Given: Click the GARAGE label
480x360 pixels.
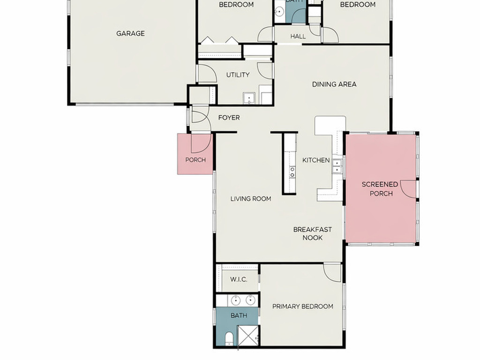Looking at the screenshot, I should pyautogui.click(x=130, y=33).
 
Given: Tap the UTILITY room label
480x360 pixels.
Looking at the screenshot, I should pyautogui.click(x=238, y=75).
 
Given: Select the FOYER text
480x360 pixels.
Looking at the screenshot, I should pyautogui.click(x=229, y=118).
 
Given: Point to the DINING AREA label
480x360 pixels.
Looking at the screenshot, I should pyautogui.click(x=334, y=84).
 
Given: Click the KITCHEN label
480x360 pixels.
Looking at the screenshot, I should pyautogui.click(x=316, y=160).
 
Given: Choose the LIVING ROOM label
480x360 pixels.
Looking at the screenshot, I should pyautogui.click(x=251, y=199).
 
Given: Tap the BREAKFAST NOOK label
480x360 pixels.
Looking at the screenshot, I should pyautogui.click(x=313, y=233).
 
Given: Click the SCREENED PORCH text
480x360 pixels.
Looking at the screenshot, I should pyautogui.click(x=380, y=189).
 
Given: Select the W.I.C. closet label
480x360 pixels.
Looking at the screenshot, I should pyautogui.click(x=239, y=279).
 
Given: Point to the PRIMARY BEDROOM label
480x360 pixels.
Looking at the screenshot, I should pyautogui.click(x=303, y=307).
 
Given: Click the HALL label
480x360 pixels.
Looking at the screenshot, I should pyautogui.click(x=298, y=36).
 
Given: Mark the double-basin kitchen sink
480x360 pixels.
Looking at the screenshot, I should pyautogui.click(x=337, y=166).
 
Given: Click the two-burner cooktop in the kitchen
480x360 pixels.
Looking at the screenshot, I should pyautogui.click(x=292, y=172).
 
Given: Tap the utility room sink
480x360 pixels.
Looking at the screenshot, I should pyautogui.click(x=248, y=98).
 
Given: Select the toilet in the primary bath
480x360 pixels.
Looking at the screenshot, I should pyautogui.click(x=229, y=338).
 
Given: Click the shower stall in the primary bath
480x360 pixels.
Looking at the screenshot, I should pyautogui.click(x=248, y=336).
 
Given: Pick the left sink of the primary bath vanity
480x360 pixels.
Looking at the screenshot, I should pyautogui.click(x=236, y=300).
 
